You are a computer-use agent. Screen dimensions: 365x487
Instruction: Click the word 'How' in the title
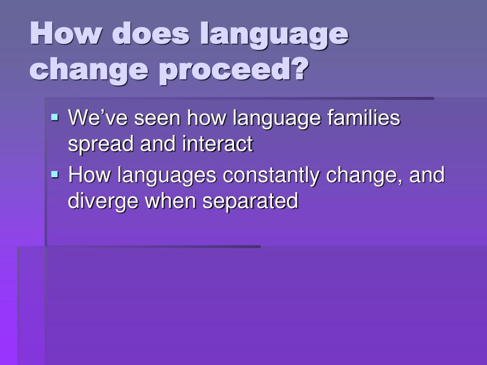tap(66, 35)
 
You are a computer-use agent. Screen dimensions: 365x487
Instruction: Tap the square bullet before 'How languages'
tap(55, 174)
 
